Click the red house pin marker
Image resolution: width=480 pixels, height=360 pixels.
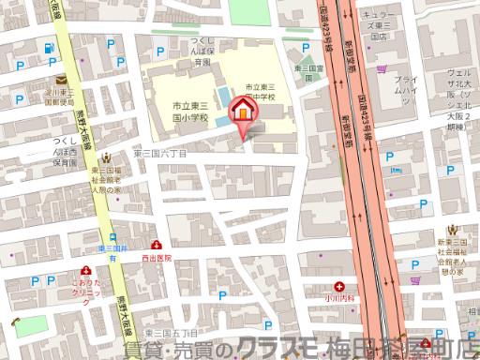[x=242, y=110]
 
